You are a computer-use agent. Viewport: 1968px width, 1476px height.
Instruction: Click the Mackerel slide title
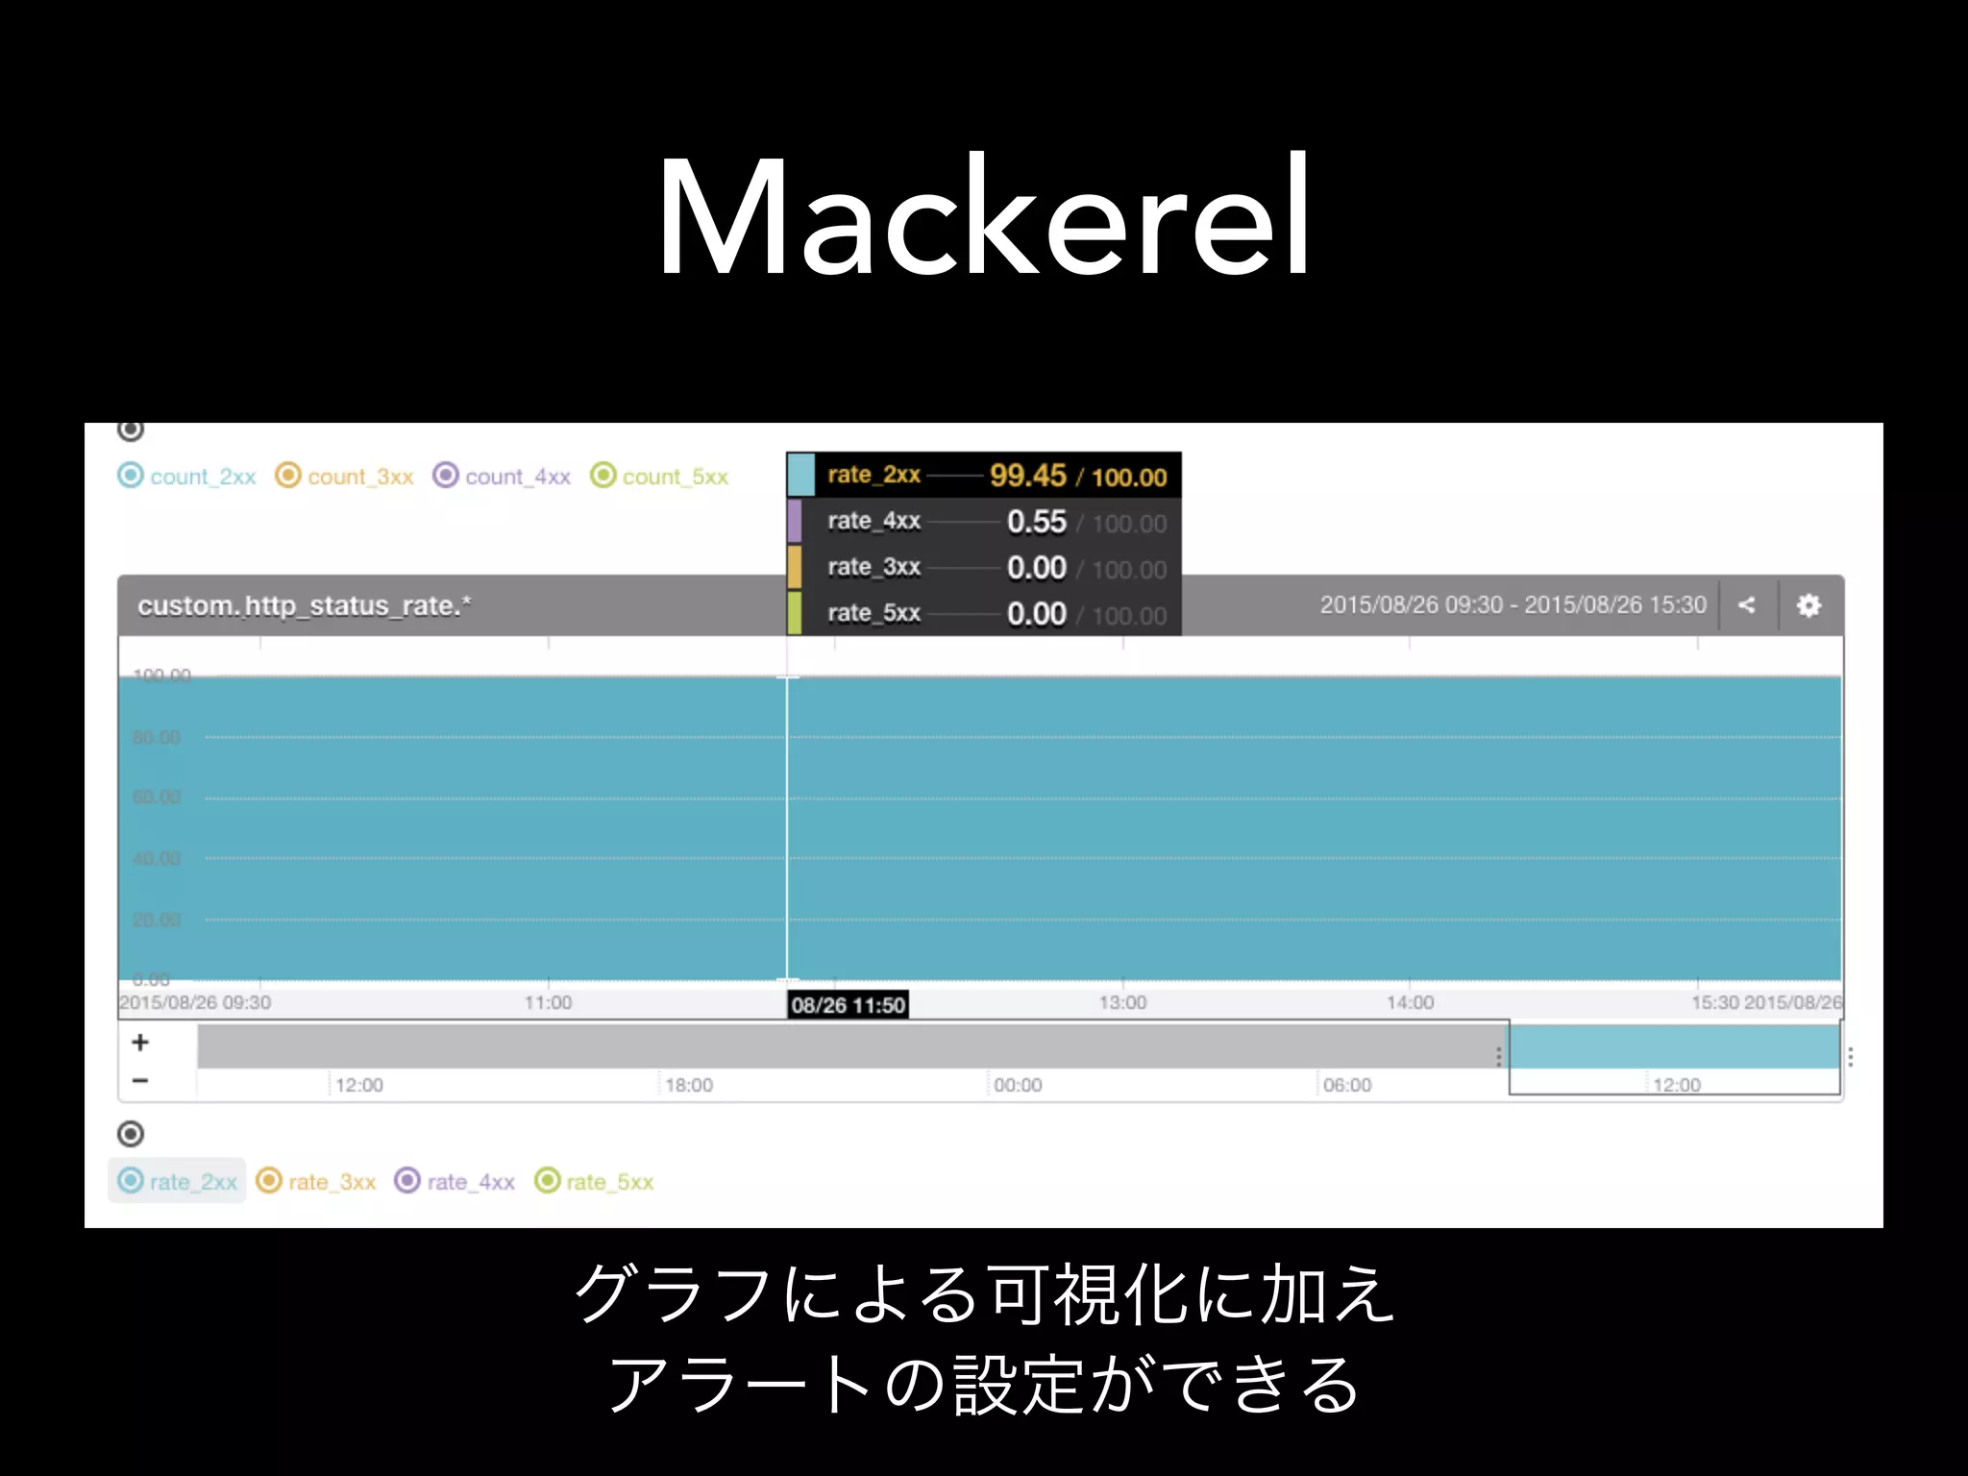pos(983,218)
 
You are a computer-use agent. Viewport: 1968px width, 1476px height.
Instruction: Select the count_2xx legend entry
pos(188,477)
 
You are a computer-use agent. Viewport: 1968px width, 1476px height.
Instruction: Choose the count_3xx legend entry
pos(345,477)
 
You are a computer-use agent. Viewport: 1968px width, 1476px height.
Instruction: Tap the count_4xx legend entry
pos(503,477)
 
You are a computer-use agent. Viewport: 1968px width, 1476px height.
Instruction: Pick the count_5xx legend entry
pos(660,477)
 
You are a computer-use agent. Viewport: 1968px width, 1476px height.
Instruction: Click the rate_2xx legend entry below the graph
pos(179,1181)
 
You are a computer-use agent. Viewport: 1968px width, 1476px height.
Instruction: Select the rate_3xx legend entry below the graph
pos(317,1181)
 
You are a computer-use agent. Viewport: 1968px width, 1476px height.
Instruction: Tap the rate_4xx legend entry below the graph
pos(455,1181)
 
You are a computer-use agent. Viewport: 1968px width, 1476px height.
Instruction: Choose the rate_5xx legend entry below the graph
pos(595,1181)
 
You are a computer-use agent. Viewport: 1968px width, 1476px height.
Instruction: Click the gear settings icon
pos(1808,605)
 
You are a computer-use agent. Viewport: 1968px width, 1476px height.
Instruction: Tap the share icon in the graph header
pos(1747,605)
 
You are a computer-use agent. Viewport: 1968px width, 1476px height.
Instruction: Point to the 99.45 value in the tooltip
pos(1027,476)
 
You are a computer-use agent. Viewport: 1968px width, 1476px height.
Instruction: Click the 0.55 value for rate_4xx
pos(1036,522)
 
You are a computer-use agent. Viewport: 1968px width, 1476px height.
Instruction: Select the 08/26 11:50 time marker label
pos(848,1005)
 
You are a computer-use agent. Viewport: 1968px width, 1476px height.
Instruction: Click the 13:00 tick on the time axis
pos(1122,1002)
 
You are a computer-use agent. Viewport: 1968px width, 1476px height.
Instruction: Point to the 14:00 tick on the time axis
pos(1410,1002)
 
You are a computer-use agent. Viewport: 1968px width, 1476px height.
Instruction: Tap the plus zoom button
pos(140,1043)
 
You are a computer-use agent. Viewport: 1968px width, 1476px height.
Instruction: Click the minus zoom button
pos(140,1080)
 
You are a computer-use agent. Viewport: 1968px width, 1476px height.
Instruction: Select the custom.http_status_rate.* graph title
pos(305,605)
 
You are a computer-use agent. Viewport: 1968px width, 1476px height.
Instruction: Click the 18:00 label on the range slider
pos(689,1085)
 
